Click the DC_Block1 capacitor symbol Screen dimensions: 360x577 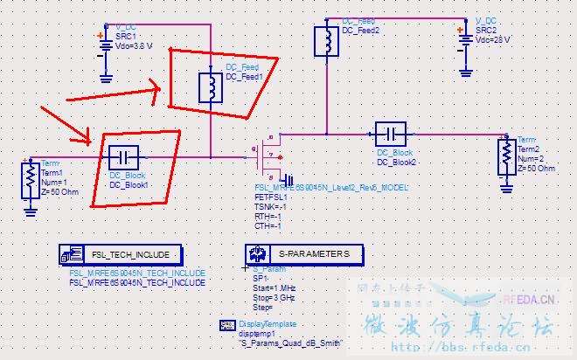tap(124, 157)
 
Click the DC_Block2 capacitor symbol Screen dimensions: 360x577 tap(391, 135)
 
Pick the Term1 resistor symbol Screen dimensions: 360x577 tap(30, 181)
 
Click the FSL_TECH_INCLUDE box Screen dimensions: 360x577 tap(122, 254)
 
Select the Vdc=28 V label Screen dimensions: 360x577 tap(493, 39)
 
